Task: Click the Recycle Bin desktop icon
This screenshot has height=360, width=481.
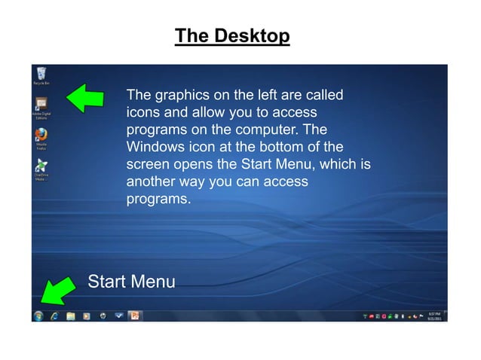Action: click(x=41, y=74)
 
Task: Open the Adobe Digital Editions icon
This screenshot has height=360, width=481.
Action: click(x=41, y=105)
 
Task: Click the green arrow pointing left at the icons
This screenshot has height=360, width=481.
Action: click(x=85, y=97)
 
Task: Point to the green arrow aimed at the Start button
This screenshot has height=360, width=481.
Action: click(x=54, y=290)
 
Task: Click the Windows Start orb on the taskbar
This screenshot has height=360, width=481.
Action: click(x=38, y=316)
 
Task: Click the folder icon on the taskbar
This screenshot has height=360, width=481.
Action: click(x=70, y=316)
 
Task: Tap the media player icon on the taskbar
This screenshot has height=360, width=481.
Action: click(x=86, y=316)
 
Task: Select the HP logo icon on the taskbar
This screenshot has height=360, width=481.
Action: click(x=102, y=316)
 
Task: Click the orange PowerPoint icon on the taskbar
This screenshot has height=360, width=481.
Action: click(x=134, y=316)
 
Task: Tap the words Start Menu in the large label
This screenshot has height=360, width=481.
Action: click(x=131, y=282)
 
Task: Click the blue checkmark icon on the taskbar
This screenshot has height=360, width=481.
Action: click(x=118, y=316)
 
